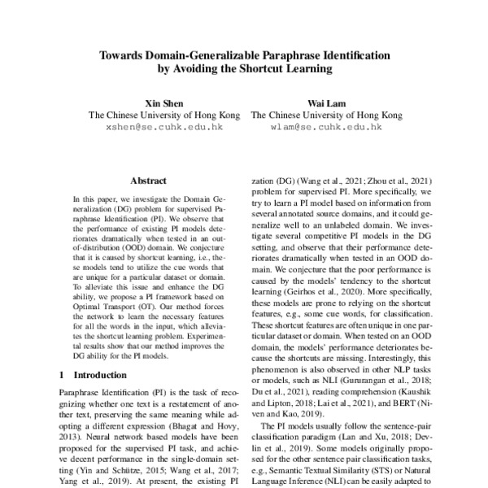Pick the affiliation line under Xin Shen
click(x=164, y=115)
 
